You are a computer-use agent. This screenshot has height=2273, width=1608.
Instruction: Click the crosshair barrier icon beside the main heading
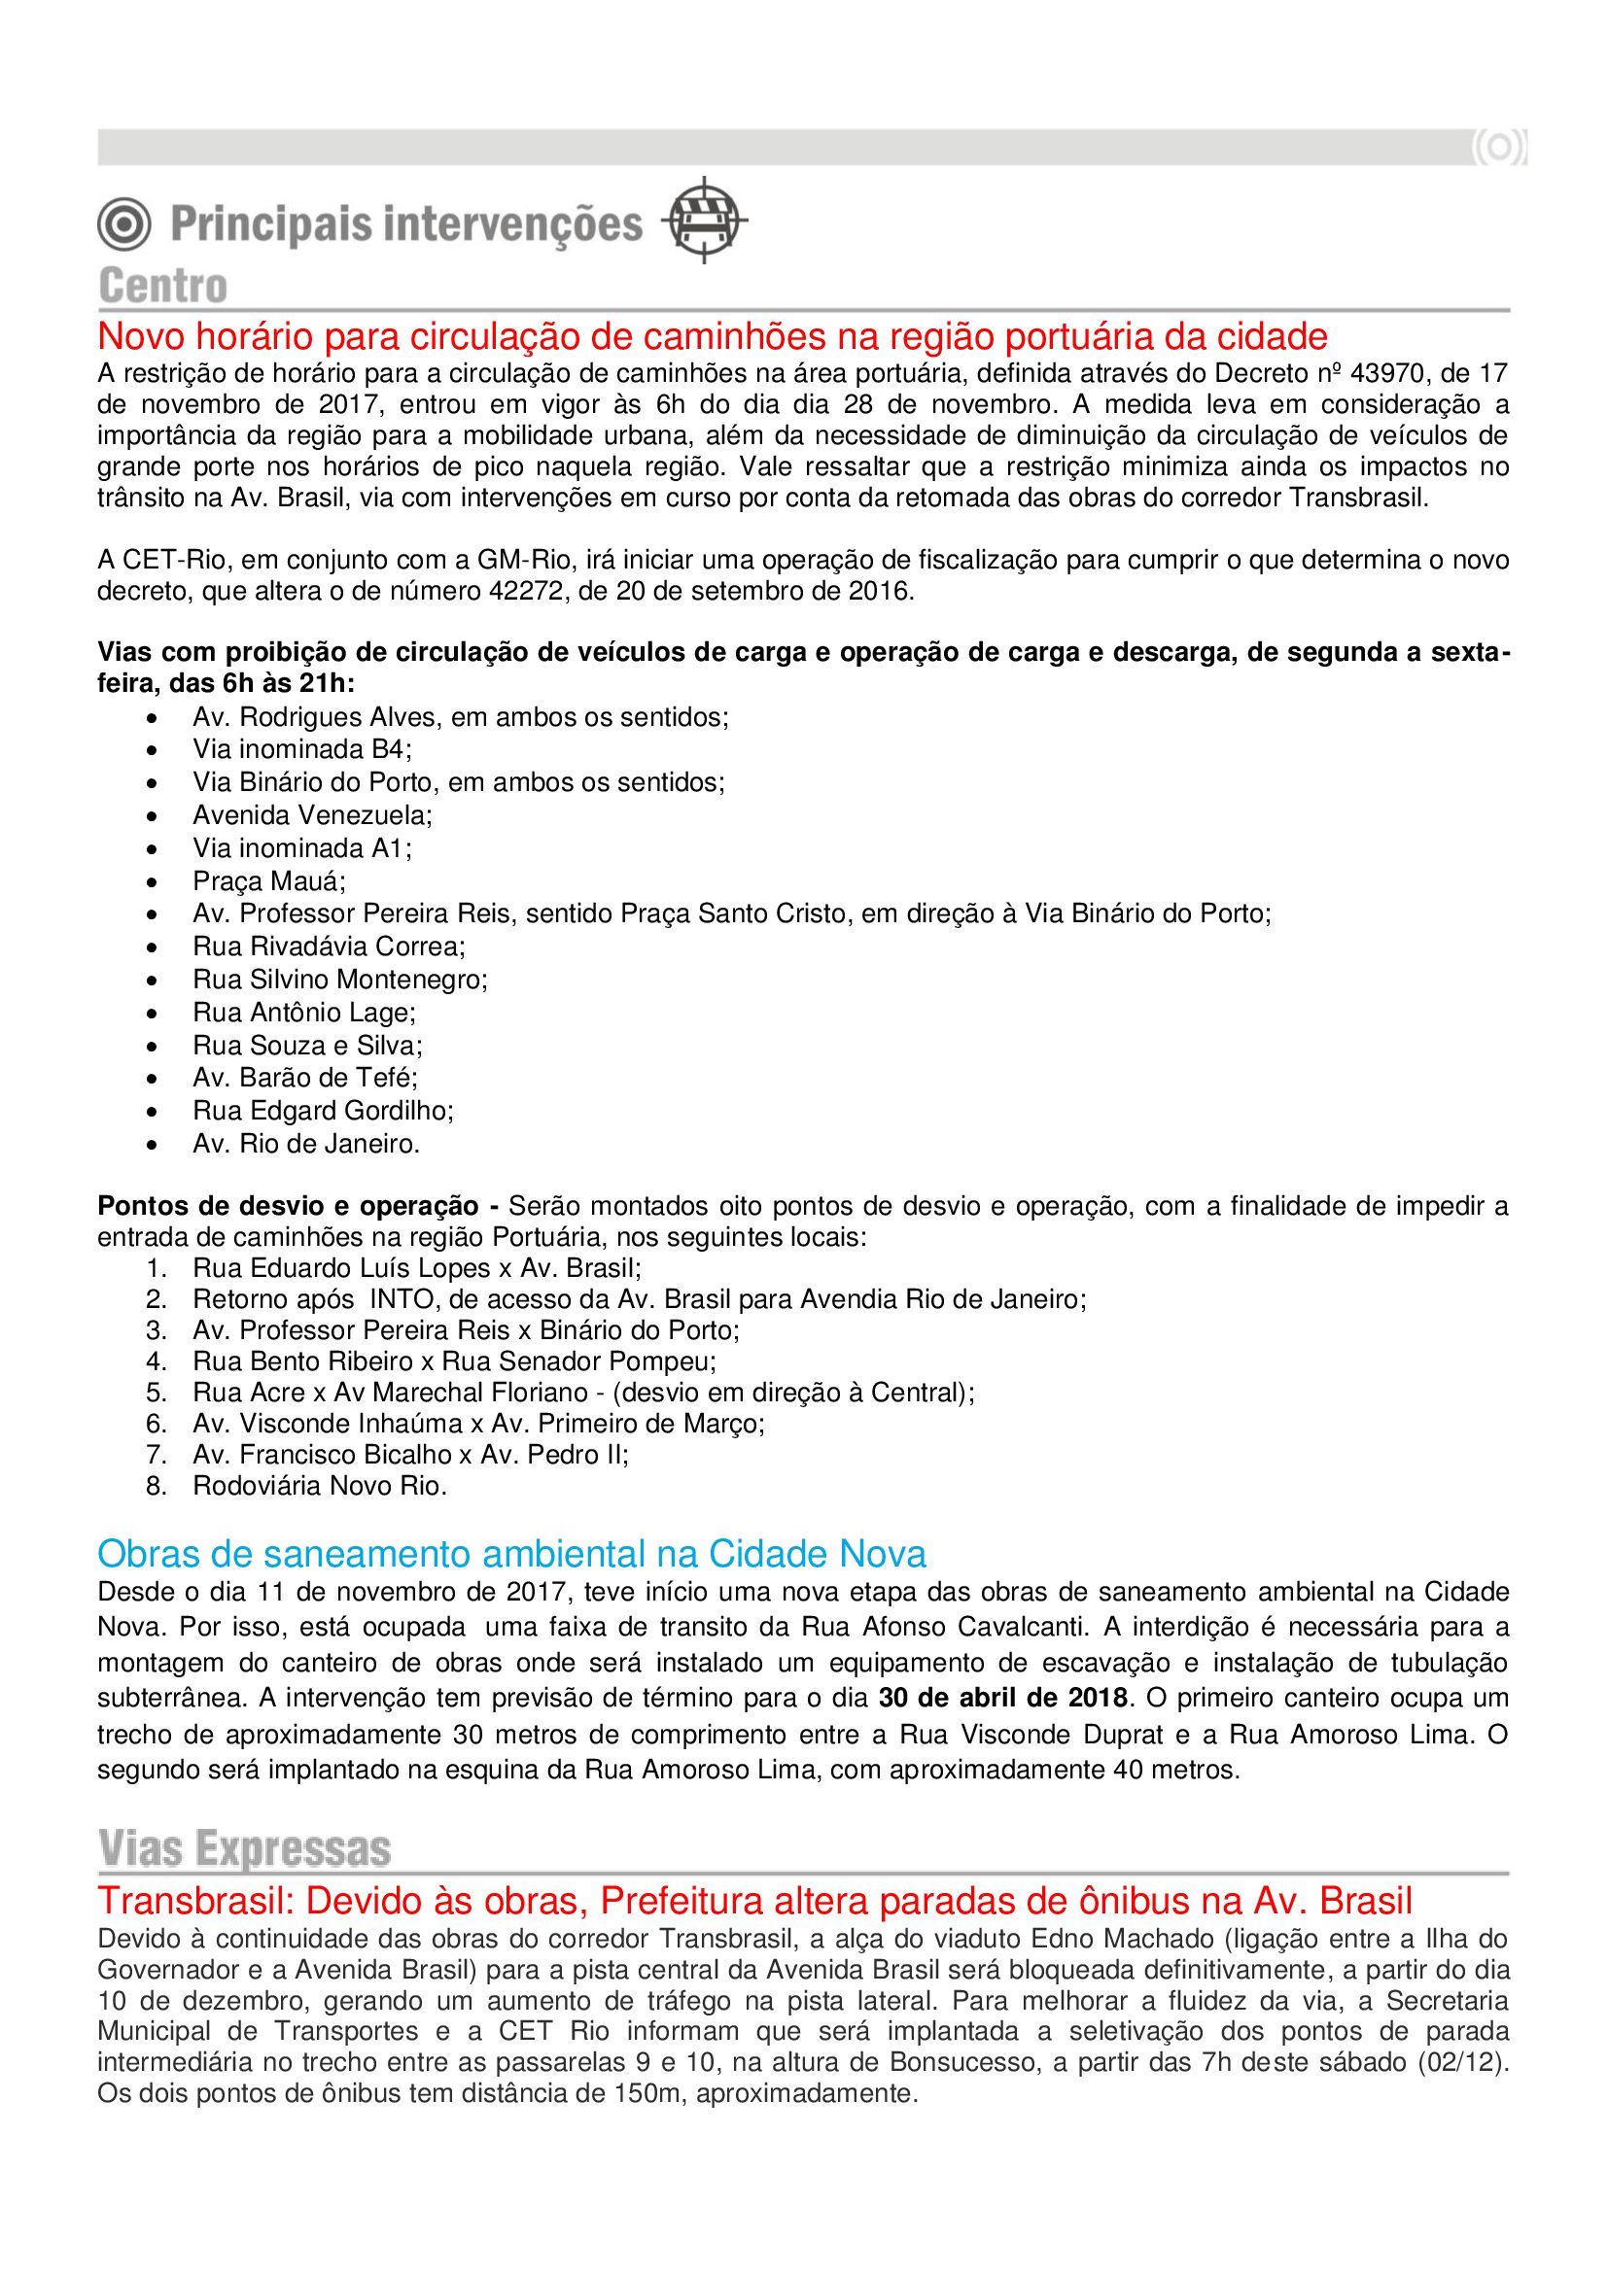tap(703, 220)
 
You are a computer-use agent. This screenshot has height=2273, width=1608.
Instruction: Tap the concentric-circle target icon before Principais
tap(123, 223)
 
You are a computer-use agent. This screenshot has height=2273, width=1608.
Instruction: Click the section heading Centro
tap(163, 286)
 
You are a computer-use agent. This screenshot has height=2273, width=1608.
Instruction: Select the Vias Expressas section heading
tap(245, 1848)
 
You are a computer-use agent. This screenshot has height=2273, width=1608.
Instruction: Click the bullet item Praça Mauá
tap(269, 881)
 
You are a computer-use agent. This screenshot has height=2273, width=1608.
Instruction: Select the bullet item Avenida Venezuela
tap(313, 814)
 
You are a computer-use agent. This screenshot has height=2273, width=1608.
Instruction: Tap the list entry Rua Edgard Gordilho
tap(323, 1111)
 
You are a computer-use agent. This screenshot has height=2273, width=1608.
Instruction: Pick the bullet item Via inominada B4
tap(302, 748)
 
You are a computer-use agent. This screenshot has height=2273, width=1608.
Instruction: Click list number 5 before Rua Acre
tap(157, 1392)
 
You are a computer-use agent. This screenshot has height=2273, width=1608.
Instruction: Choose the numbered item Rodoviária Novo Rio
tap(320, 1485)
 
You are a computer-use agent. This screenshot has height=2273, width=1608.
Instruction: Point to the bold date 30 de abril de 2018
tap(1003, 1698)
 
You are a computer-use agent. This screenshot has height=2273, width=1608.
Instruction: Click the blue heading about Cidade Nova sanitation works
tap(511, 1553)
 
